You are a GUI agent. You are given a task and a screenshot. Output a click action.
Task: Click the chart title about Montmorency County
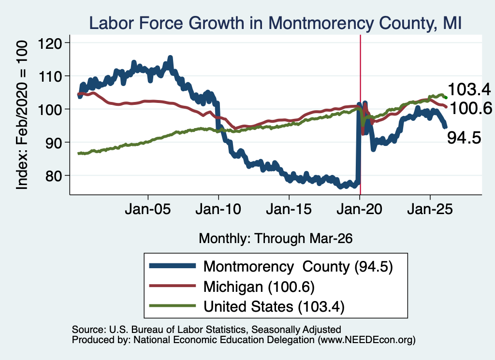pos(275,23)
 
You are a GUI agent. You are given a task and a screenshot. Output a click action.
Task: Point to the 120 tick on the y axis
pos(50,43)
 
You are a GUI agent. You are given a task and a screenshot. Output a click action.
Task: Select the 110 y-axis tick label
pos(50,76)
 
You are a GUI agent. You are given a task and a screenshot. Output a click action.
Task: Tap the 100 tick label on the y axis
pos(50,109)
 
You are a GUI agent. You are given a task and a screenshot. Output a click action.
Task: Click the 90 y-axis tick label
pos(54,142)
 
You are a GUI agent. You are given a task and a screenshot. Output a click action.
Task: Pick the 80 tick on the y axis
pos(54,175)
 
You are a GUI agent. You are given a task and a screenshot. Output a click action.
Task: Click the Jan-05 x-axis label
pos(148,209)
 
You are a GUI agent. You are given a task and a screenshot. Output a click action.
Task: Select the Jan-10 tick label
pos(218,209)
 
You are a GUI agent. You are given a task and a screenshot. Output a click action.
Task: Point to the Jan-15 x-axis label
pos(289,209)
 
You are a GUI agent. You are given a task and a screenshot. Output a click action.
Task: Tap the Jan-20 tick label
pos(360,209)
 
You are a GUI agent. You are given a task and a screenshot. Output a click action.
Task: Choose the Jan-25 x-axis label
pos(430,209)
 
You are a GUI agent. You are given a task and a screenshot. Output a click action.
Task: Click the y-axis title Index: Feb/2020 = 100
pos(22,115)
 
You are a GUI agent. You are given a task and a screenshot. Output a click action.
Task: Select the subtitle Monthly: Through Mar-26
pos(276,238)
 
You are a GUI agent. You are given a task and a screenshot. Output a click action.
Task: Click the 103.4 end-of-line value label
pos(469,89)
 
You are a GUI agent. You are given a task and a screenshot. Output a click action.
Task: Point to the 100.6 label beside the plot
pos(470,109)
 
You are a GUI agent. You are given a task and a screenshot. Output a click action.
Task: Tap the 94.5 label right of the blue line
pos(464,138)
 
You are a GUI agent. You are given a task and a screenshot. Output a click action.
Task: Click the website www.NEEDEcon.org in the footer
pos(365,340)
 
